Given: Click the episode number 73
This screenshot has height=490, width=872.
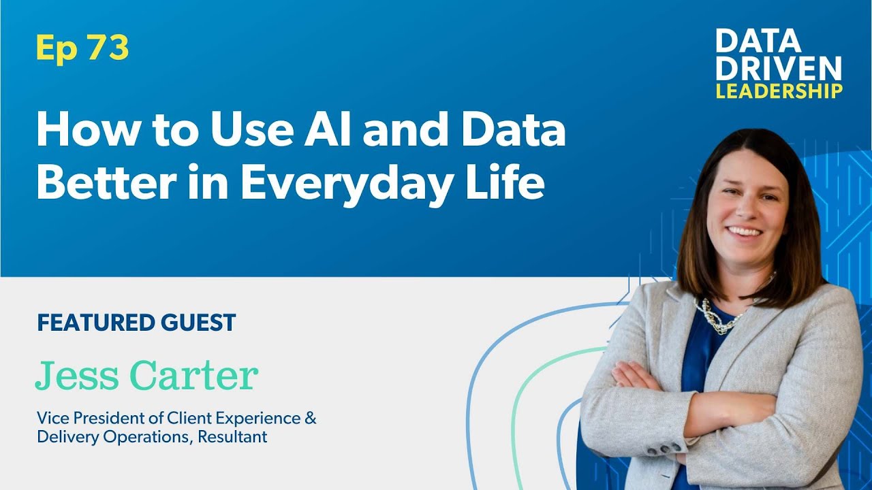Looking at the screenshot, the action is pos(108,47).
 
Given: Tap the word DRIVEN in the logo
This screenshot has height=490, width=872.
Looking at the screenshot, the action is pos(779,69).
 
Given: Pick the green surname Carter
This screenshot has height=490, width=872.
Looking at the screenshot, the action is pos(194,375).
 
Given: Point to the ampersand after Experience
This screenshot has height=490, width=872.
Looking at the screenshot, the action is pos(310,418).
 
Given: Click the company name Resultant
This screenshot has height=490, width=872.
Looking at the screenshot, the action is pos(232,437).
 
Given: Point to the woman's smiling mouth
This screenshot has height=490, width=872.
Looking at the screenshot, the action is pos(744,232).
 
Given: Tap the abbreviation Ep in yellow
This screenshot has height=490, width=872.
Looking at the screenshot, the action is pos(57,49).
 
